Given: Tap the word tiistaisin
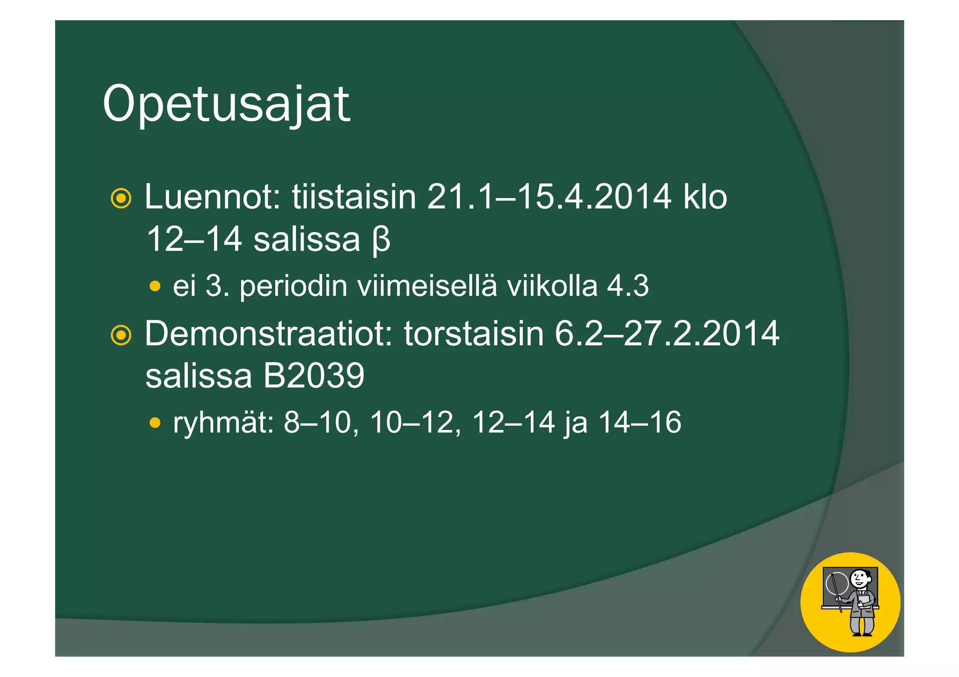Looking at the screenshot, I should (354, 197).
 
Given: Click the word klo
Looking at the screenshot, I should (705, 197).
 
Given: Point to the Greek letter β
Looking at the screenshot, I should (382, 240).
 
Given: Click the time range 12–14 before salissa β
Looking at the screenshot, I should (194, 239).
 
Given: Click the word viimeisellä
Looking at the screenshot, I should (427, 286).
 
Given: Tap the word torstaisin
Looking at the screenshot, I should (473, 333).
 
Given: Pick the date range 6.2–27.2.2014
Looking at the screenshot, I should (667, 333).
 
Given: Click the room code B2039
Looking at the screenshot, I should (313, 375).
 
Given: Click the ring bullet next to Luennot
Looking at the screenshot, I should (121, 198).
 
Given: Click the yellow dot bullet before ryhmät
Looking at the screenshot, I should (155, 423).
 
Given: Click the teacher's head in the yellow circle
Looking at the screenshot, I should (859, 579).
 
